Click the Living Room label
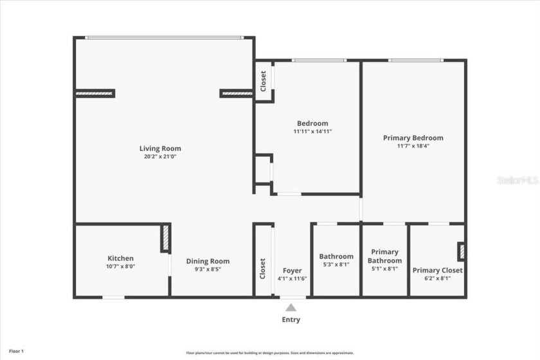(x=160, y=148)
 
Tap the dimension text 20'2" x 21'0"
(x=160, y=156)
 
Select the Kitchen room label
(x=120, y=258)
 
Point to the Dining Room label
(x=208, y=261)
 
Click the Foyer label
(x=292, y=271)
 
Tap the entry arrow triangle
(x=292, y=307)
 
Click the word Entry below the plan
(x=291, y=319)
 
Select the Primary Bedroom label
(x=413, y=138)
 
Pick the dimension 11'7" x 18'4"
(x=413, y=146)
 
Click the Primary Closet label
(x=437, y=271)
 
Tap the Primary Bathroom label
(x=384, y=256)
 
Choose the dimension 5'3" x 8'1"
(x=336, y=264)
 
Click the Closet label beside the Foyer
(x=262, y=269)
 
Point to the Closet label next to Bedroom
(x=263, y=81)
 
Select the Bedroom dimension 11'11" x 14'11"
(x=312, y=131)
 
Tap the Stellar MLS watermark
(x=517, y=181)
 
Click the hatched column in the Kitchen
(x=165, y=238)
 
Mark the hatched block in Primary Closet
(x=461, y=251)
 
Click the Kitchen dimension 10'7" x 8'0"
(x=120, y=266)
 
